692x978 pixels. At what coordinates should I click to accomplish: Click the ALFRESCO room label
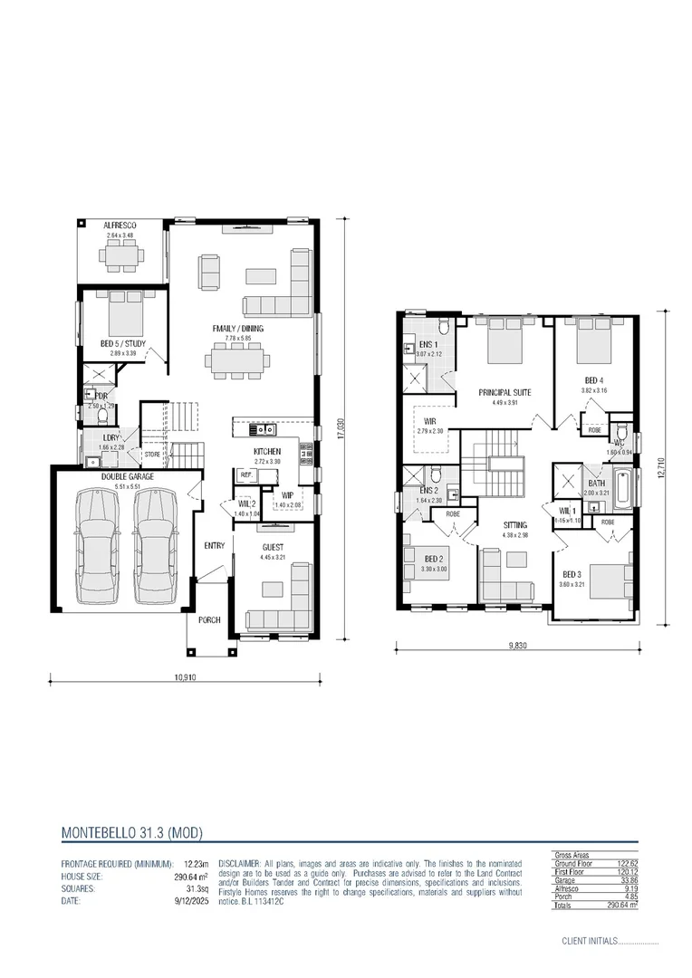click(119, 225)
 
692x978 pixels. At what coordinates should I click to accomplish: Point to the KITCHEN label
click(267, 451)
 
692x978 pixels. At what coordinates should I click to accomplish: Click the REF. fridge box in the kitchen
click(245, 475)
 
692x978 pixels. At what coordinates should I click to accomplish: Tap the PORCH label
click(210, 621)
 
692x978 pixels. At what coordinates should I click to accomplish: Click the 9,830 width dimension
click(517, 646)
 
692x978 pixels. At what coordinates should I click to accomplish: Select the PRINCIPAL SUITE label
click(505, 392)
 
